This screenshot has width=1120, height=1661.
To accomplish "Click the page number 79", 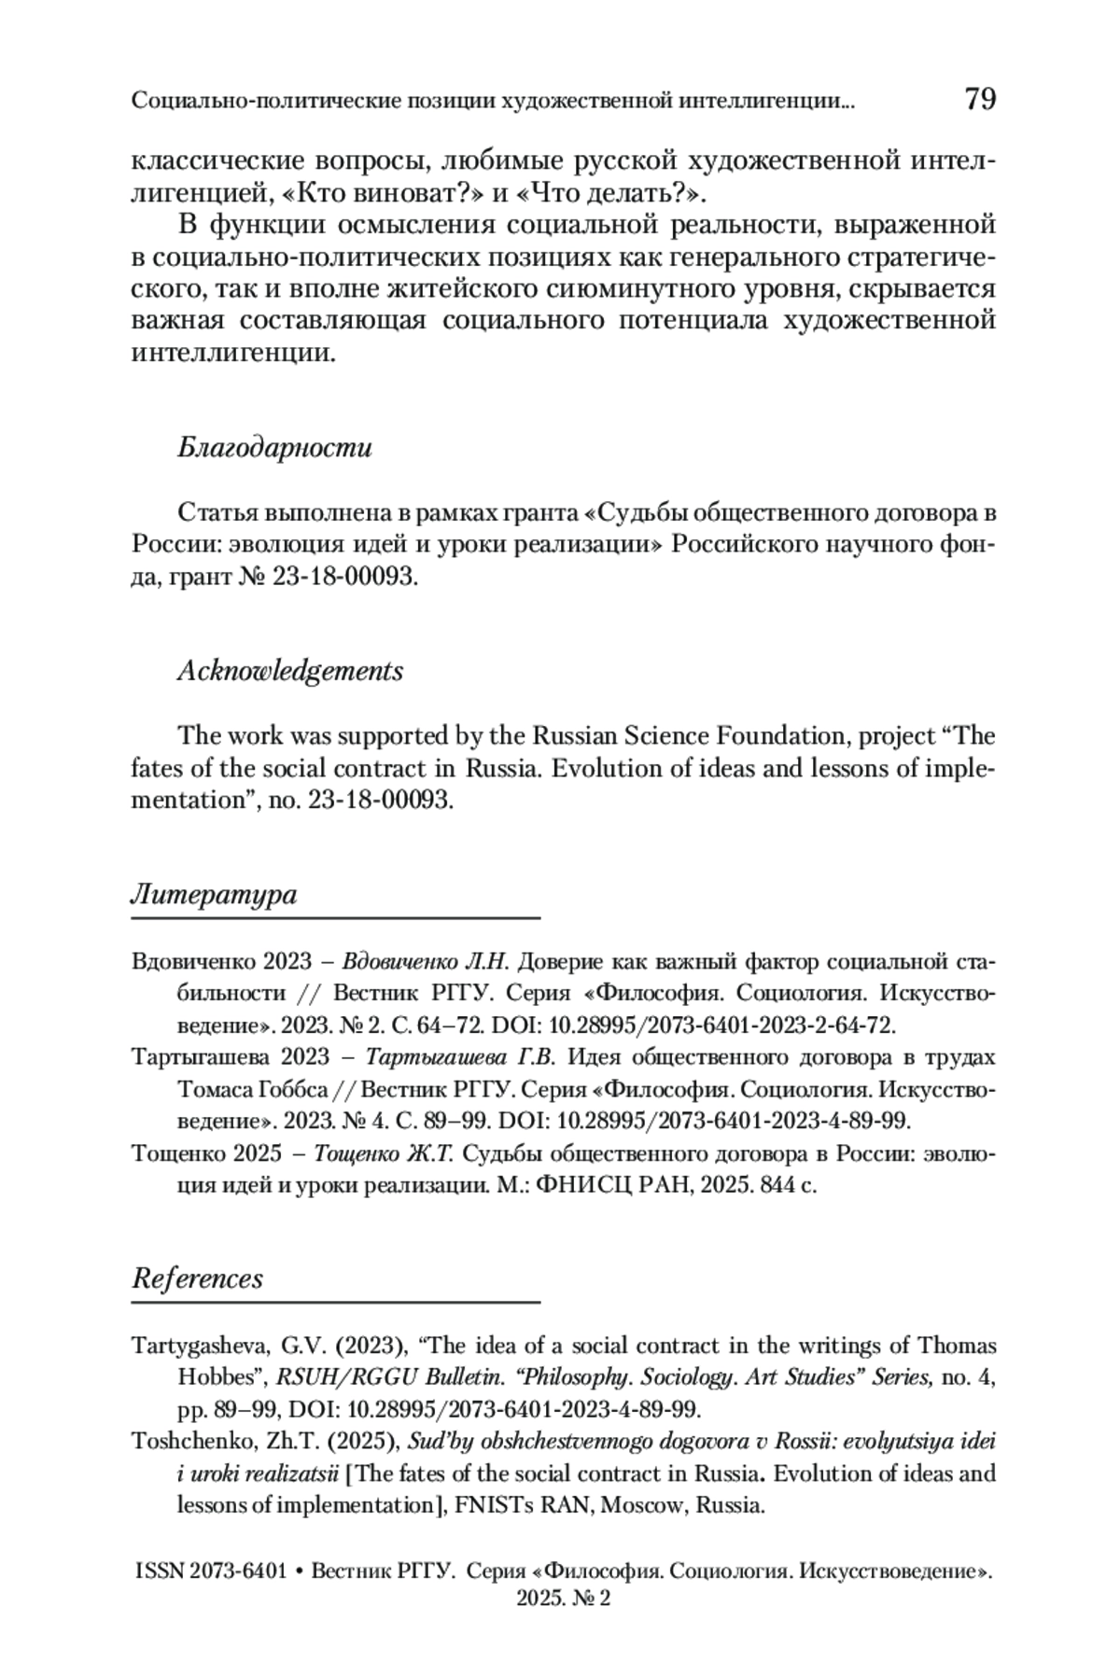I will point(979,98).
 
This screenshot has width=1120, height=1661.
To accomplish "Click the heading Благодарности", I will point(274,448).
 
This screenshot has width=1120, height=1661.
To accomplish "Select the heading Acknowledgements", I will point(290,671).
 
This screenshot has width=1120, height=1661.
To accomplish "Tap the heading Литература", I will point(214,895).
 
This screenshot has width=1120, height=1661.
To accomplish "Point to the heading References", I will point(197,1278).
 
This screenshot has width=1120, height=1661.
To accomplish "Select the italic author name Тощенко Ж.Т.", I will point(384,1153).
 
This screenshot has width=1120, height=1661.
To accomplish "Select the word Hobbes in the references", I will point(217,1377).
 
